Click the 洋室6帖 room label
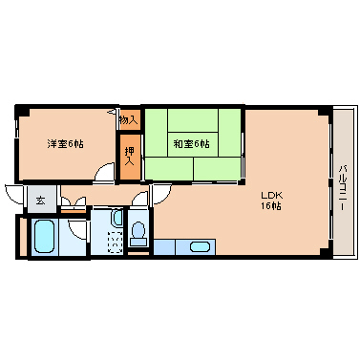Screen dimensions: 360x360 (x=66, y=144)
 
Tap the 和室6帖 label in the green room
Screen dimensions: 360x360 (x=191, y=144)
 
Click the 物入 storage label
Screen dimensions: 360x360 (x=129, y=120)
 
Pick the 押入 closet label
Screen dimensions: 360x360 (x=129, y=156)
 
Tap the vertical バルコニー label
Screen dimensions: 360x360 (x=343, y=187)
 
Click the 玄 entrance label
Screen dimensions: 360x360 (x=40, y=201)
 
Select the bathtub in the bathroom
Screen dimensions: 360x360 (x=45, y=237)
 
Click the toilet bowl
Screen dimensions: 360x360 (x=138, y=230)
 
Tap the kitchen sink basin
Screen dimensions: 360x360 (x=200, y=247)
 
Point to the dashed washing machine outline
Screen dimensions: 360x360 (x=115, y=243)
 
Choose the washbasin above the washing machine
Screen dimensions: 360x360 (x=116, y=218)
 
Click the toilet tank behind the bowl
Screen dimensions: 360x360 (x=138, y=242)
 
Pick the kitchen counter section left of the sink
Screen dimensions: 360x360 (x=164, y=247)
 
